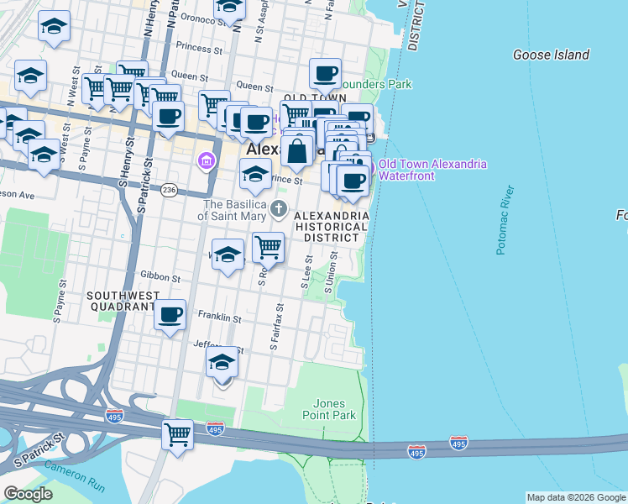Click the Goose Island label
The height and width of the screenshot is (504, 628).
point(551,55)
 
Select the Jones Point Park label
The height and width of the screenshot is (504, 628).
point(334,409)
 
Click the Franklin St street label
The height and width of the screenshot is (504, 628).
point(219,318)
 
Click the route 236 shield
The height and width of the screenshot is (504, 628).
point(169,191)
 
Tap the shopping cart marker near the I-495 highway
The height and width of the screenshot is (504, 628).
point(177,434)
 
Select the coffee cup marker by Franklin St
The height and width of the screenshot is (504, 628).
point(170,314)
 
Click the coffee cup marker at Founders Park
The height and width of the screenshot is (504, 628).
point(325,73)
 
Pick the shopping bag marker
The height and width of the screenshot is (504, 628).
point(297,152)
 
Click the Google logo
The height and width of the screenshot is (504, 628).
point(28,494)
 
